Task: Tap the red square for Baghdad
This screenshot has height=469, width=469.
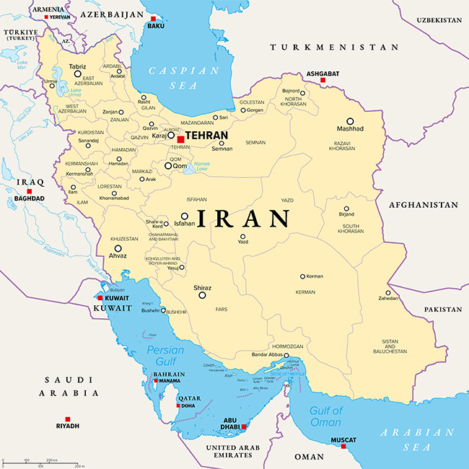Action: [30, 191]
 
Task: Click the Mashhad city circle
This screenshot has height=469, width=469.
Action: [350, 121]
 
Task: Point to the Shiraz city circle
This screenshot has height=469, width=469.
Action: [203, 294]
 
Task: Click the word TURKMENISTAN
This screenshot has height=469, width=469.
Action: [334, 47]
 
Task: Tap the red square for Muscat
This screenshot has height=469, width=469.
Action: [343, 446]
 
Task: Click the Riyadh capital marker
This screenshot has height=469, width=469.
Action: [68, 419]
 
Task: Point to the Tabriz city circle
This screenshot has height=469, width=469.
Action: [77, 74]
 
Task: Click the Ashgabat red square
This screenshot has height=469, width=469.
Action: [323, 80]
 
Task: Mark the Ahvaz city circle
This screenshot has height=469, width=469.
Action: [118, 248]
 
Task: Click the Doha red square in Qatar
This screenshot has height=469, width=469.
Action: [178, 405]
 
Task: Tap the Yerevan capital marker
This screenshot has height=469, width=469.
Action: [47, 17]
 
